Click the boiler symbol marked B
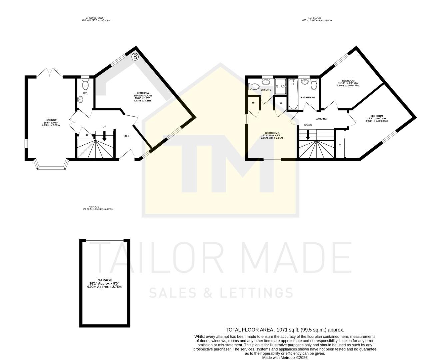[135, 57]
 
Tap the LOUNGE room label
[51, 120]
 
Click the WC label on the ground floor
[85, 93]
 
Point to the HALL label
[126, 136]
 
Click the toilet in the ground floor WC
[85, 81]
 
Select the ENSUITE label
[266, 90]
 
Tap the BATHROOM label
[308, 98]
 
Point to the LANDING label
[321, 119]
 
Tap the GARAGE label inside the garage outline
[105, 280]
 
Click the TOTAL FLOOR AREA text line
[285, 330]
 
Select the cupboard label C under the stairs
[87, 135]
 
